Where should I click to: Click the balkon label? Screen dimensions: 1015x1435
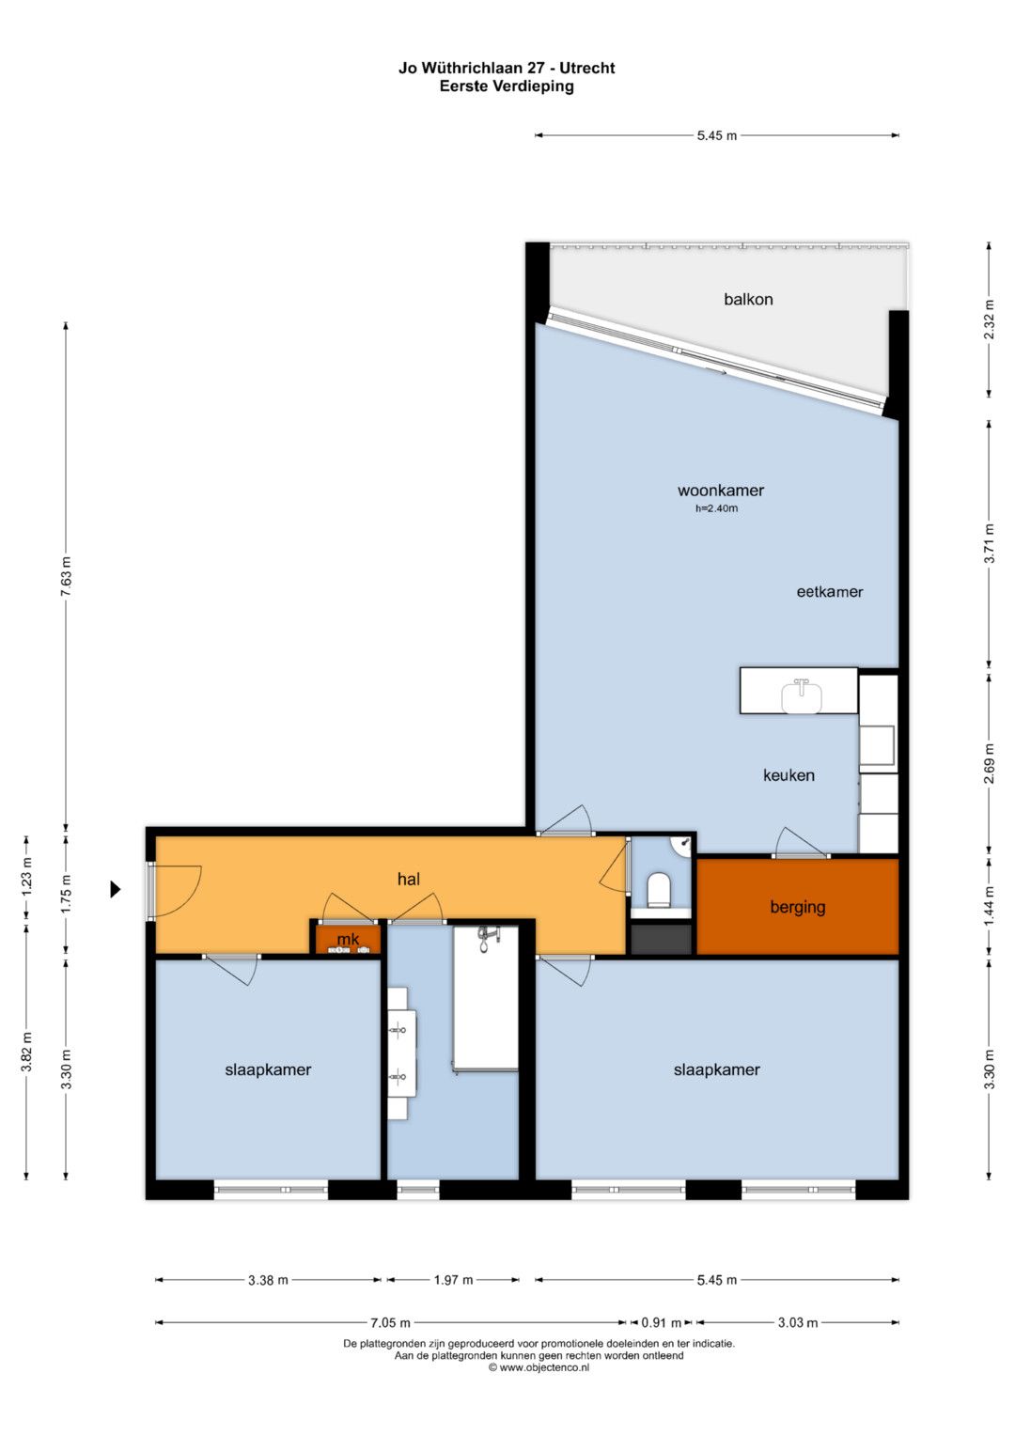(748, 299)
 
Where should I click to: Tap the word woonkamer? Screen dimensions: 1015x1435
(720, 490)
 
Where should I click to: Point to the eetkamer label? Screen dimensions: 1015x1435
(829, 591)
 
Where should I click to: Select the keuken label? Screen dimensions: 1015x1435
(789, 775)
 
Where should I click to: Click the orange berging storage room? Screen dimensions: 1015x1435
(797, 906)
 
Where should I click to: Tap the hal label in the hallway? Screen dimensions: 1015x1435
(408, 879)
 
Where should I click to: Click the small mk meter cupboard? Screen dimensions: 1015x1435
(348, 939)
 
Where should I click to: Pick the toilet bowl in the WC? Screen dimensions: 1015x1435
(659, 890)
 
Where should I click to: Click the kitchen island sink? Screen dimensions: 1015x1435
(801, 697)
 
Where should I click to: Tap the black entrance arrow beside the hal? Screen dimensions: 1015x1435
(116, 889)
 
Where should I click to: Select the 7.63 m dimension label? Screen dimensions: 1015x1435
(66, 577)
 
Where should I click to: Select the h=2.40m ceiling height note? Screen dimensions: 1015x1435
(716, 508)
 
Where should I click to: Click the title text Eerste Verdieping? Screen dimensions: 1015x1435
(507, 86)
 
